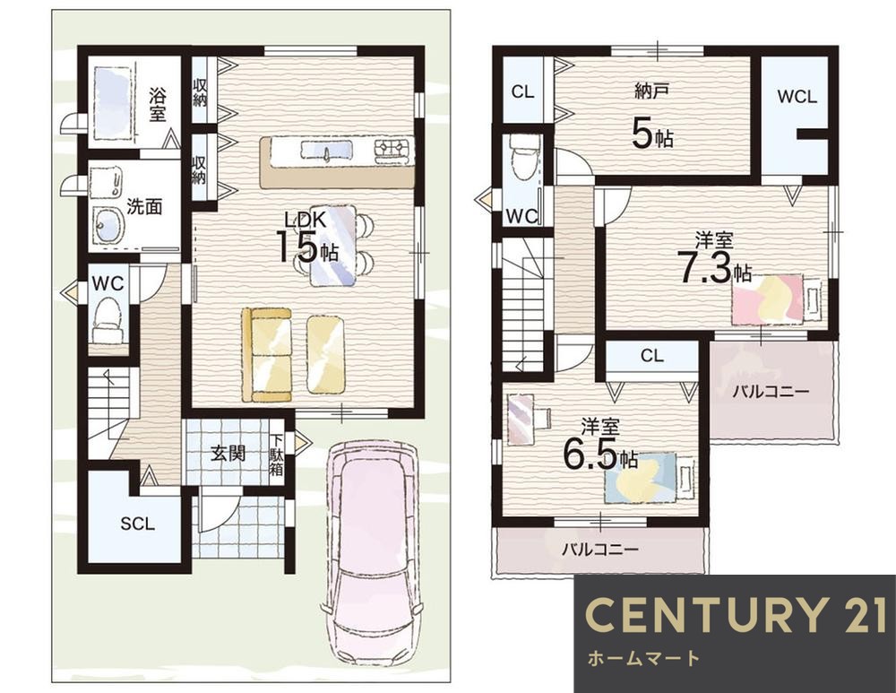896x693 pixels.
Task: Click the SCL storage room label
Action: coord(138,524)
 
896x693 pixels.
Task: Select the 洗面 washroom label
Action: coord(144,206)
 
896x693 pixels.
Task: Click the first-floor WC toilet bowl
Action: coord(107,320)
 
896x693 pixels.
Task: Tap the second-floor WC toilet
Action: coord(524,154)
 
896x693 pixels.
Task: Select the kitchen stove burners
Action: coord(392,148)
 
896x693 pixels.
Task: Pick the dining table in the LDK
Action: coord(333,245)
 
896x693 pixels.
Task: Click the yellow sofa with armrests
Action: coord(266,354)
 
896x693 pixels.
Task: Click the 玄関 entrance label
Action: coord(228,453)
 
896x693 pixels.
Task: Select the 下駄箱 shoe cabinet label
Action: coord(276,455)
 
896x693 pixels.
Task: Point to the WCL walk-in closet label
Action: coord(797,97)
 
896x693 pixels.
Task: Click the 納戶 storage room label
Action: coord(651,91)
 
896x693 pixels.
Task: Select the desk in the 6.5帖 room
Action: coord(520,419)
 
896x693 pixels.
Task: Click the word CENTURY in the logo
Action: coord(707,615)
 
